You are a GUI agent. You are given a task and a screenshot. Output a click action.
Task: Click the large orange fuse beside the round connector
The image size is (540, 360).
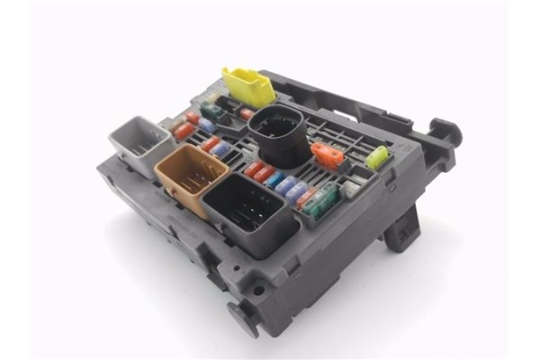pos(328,156)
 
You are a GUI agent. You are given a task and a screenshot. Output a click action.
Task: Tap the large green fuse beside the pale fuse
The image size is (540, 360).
pos(325,199)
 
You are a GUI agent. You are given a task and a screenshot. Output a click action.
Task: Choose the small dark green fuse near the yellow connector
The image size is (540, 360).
pos(212,112)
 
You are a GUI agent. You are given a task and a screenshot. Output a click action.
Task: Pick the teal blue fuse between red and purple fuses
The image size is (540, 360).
pos(275,179)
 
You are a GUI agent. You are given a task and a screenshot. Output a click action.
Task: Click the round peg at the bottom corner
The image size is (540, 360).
pos(242,317)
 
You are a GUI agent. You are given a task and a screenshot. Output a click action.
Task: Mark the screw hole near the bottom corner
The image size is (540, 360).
pos(258,290)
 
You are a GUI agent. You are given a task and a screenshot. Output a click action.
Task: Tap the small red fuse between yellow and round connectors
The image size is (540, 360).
pos(247,114)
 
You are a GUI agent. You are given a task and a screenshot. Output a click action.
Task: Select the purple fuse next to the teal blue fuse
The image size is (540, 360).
pos(286,185)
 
